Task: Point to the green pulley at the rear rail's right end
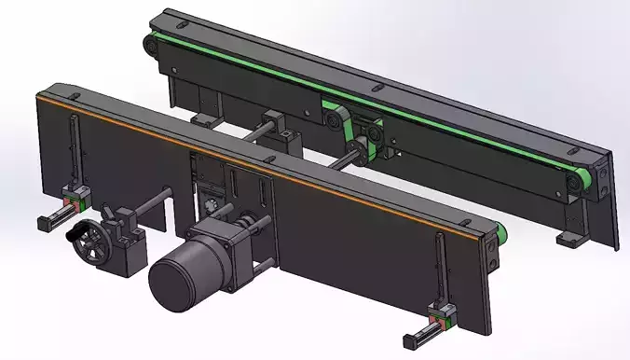[x=580, y=184]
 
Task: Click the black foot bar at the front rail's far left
[x=52, y=221]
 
